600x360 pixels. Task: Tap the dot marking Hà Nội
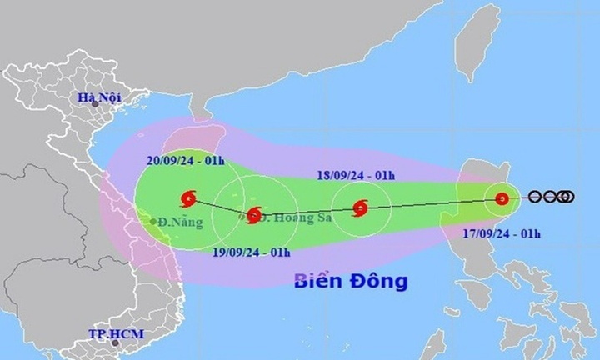pyautogui.click(x=95, y=106)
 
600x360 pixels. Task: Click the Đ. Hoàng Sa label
pyautogui.click(x=292, y=217)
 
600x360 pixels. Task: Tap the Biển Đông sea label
pyautogui.click(x=351, y=281)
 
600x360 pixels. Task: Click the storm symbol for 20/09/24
pyautogui.click(x=188, y=198)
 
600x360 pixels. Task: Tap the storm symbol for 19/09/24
pyautogui.click(x=254, y=216)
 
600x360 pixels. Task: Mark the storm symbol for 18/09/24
pyautogui.click(x=360, y=207)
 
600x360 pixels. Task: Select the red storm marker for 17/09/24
pyautogui.click(x=502, y=198)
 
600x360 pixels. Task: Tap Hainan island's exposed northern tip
pyautogui.click(x=201, y=117)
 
